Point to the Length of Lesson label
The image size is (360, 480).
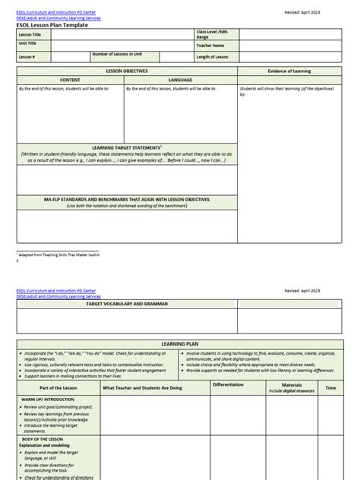point(213,56)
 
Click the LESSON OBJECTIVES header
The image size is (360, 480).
point(126,70)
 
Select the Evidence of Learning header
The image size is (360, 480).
point(290,70)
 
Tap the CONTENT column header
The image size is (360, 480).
point(70,79)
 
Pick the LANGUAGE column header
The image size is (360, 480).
point(180,79)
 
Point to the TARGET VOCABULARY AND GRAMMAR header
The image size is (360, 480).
point(126,304)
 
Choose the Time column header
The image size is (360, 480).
point(330,387)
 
